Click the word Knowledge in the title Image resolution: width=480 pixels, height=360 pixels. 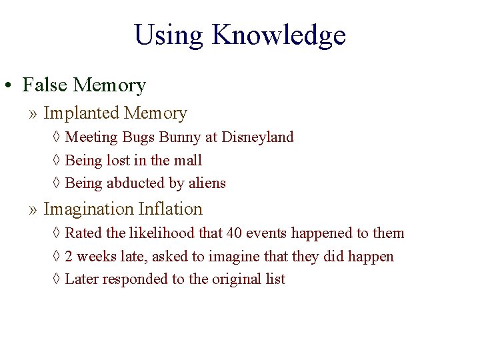pyautogui.click(x=279, y=35)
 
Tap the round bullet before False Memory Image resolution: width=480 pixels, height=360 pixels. pyautogui.click(x=9, y=86)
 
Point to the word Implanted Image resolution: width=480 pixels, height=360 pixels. pyautogui.click(x=81, y=114)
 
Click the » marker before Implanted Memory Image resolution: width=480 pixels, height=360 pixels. pyautogui.click(x=33, y=114)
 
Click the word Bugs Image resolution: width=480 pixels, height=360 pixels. pyautogui.click(x=139, y=137)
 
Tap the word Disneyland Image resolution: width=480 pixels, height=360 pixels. pyautogui.click(x=257, y=137)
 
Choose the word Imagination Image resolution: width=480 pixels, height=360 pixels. pyautogui.click(x=89, y=209)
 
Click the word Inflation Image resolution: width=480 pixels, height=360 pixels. pyautogui.click(x=170, y=209)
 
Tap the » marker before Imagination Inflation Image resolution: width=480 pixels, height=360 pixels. pyautogui.click(x=33, y=209)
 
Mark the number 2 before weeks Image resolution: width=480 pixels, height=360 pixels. pyautogui.click(x=69, y=257)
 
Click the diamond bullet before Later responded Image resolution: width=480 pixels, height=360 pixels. pyautogui.click(x=56, y=279)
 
